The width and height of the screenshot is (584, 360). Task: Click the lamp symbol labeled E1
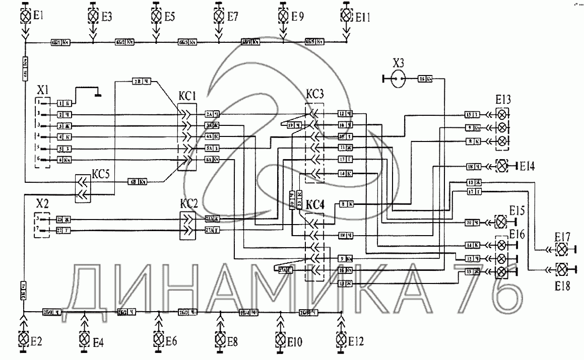click(x=25, y=16)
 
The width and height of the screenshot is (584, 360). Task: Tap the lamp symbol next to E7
click(x=219, y=16)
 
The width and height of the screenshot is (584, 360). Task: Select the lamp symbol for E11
click(x=346, y=16)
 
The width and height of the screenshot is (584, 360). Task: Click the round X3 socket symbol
click(x=398, y=79)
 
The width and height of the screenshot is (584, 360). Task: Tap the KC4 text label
click(x=315, y=205)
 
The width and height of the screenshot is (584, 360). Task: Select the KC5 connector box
click(x=83, y=188)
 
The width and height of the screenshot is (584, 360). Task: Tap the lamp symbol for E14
click(x=502, y=165)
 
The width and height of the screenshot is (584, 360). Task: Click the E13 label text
click(x=503, y=99)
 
